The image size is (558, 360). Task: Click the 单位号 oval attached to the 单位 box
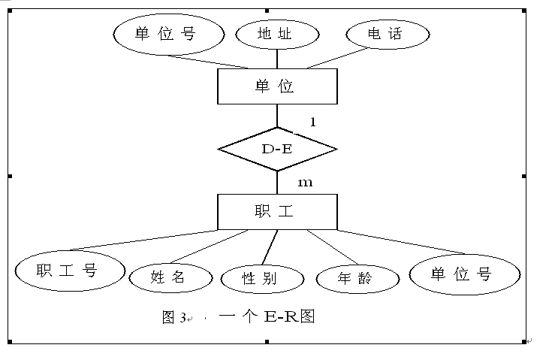point(168,34)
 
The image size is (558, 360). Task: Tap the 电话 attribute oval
point(388,34)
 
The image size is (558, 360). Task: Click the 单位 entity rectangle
point(277,86)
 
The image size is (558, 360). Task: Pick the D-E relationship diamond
point(277,149)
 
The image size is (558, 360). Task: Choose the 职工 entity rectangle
point(277,212)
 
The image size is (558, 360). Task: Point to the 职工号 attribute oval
point(69,271)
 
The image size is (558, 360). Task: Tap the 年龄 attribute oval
point(356,279)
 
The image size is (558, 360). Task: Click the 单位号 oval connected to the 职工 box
point(464,274)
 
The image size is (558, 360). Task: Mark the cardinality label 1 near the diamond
point(313,121)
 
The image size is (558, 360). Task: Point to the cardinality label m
point(305,183)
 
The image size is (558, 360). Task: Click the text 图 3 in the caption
point(174,317)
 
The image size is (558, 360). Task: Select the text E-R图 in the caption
point(289,316)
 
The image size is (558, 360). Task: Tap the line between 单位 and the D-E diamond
point(277,115)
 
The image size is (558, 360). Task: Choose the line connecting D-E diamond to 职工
point(277,182)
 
